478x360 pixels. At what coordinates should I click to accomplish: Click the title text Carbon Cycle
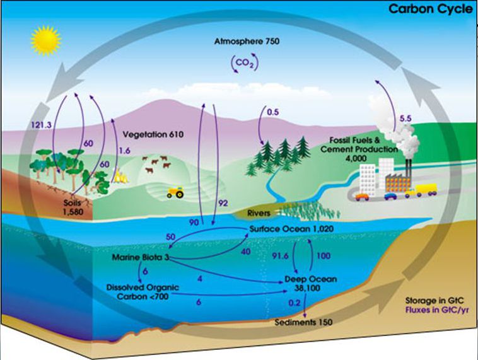coord(431,9)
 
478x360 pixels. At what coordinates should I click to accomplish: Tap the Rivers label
coord(259,213)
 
